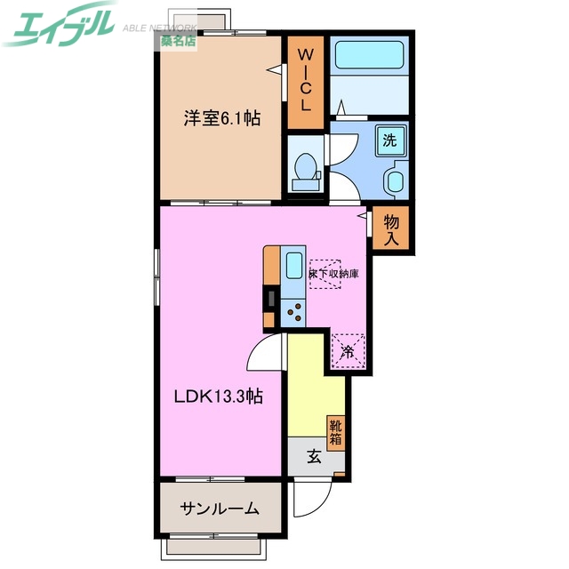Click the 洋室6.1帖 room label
tap(222, 117)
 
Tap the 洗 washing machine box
tap(389, 140)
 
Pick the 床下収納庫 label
tap(333, 275)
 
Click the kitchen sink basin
tap(293, 268)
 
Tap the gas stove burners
tap(293, 312)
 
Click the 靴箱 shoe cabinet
tap(335, 432)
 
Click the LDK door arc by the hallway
tap(266, 354)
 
